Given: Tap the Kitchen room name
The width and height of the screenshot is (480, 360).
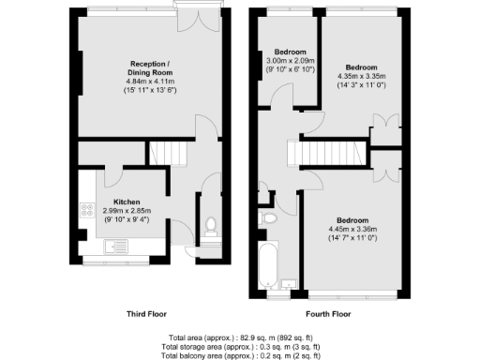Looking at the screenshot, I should (x=127, y=202).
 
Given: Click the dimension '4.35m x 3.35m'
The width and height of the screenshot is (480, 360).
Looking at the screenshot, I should (x=362, y=78).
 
